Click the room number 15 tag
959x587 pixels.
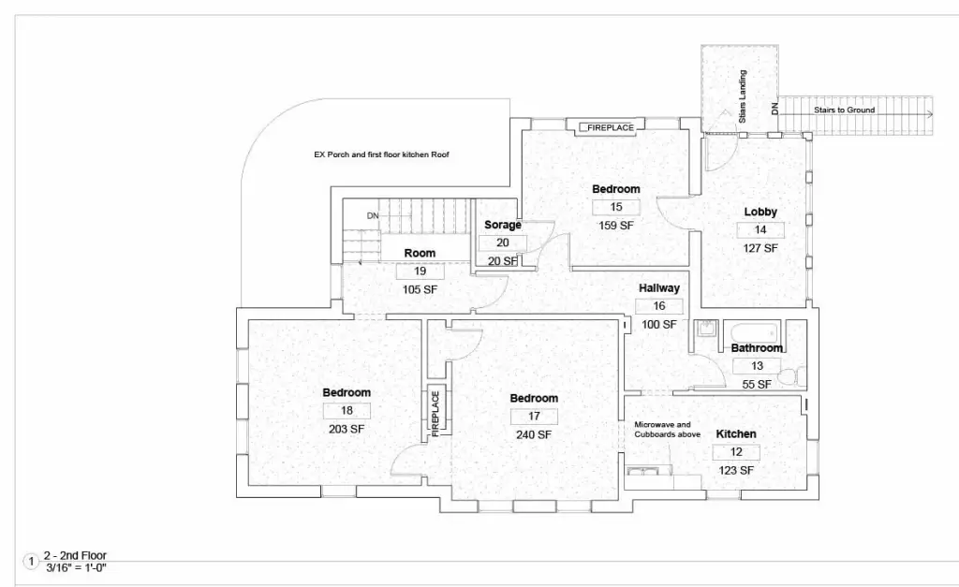click(x=616, y=207)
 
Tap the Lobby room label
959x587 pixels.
click(x=760, y=213)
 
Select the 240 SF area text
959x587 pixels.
click(x=534, y=434)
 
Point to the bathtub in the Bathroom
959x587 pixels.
click(x=755, y=334)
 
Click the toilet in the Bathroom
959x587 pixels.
click(x=794, y=375)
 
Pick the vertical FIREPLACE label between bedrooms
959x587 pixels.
click(x=435, y=414)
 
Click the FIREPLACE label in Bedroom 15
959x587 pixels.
click(x=610, y=128)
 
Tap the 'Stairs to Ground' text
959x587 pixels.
click(x=844, y=110)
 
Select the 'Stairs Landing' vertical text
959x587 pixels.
click(x=743, y=96)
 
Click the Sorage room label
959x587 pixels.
click(x=503, y=225)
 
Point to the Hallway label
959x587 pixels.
click(x=659, y=288)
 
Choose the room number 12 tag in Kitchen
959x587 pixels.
click(x=736, y=452)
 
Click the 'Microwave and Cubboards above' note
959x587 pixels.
click(x=667, y=429)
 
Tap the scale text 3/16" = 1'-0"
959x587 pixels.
click(x=77, y=567)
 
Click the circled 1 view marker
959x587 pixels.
click(x=31, y=562)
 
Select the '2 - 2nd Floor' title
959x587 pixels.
click(x=75, y=556)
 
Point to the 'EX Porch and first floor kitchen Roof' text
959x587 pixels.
click(x=382, y=154)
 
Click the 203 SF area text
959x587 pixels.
click(x=347, y=429)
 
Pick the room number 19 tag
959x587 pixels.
click(x=420, y=271)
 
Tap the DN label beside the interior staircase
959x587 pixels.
click(x=373, y=216)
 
